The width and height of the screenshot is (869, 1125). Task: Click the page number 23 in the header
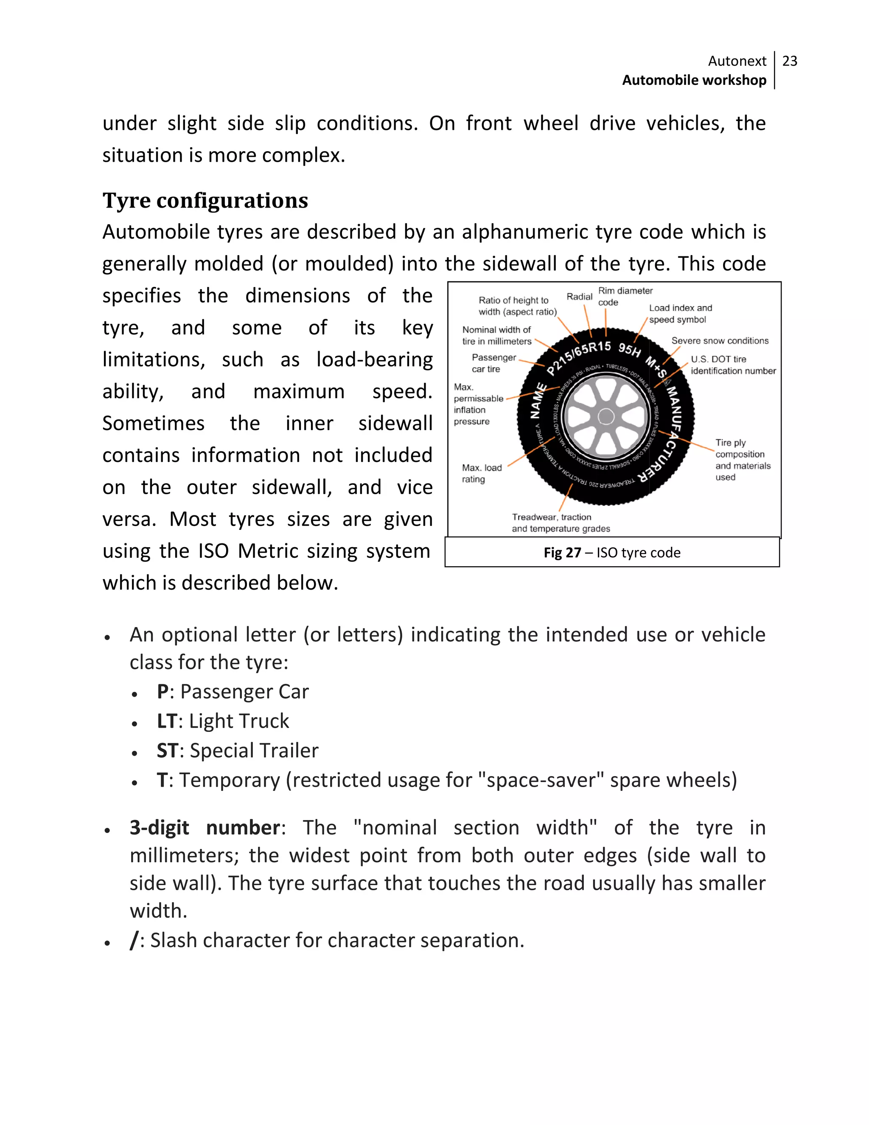point(789,61)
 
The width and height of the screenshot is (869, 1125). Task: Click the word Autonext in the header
point(737,61)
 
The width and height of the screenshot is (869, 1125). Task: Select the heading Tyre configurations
point(205,200)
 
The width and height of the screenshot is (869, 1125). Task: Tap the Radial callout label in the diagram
point(579,297)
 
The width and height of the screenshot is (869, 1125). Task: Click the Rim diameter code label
point(625,297)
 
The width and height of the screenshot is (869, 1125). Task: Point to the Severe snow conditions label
point(719,341)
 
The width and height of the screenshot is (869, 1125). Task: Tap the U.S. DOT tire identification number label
point(732,365)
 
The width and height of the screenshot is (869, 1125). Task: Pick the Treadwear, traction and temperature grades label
point(560,523)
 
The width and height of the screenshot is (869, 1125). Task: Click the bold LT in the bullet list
point(167,721)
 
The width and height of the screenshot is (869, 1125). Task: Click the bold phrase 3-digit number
point(205,828)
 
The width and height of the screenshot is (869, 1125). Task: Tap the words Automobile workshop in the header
point(693,80)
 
